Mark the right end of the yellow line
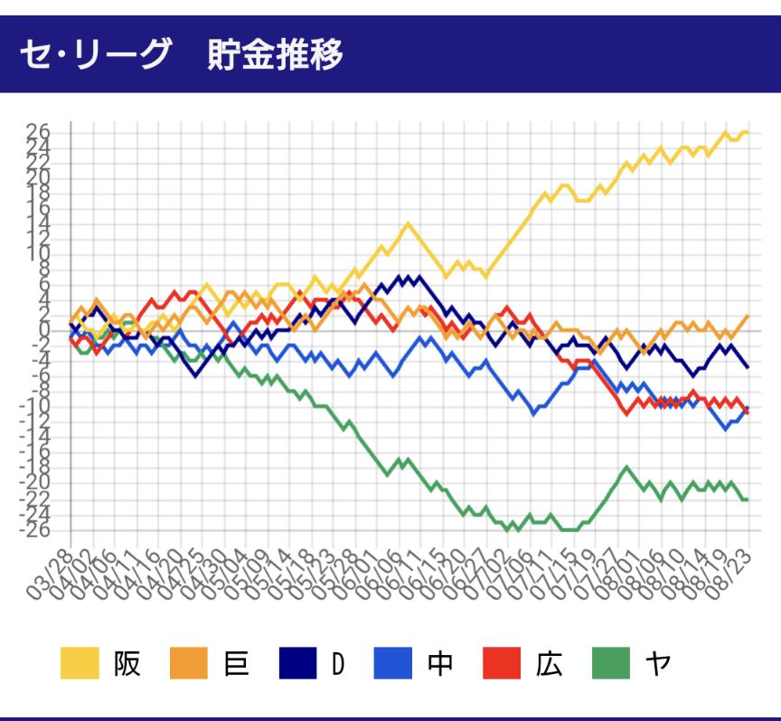tap(748, 132)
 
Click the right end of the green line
tap(748, 499)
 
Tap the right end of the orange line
tap(748, 316)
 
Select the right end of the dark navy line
tap(748, 366)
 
